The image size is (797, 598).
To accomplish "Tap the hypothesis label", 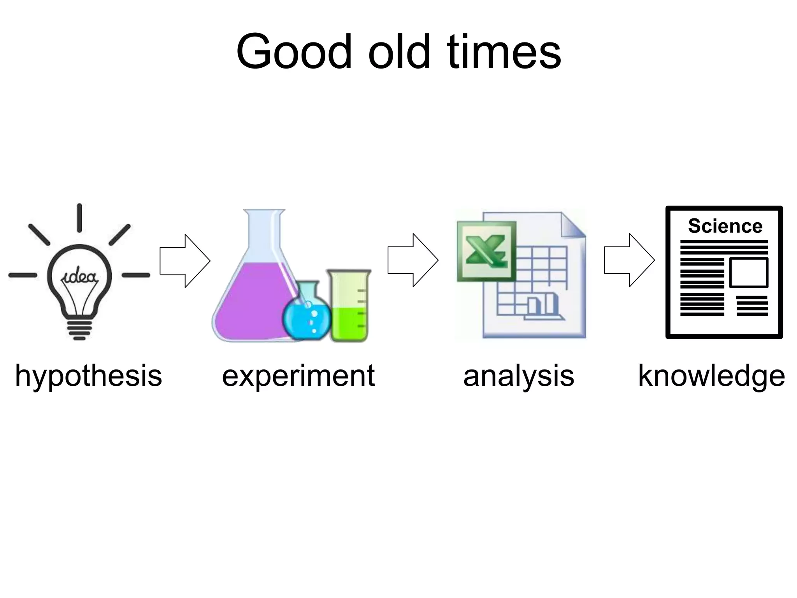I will click(x=88, y=376).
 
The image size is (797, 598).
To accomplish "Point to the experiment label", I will click(x=298, y=376).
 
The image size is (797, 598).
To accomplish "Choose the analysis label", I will click(x=518, y=376).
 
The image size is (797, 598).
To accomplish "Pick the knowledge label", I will click(x=711, y=376).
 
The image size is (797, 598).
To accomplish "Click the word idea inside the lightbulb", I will click(x=79, y=277).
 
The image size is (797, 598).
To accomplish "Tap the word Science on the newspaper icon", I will click(x=725, y=226).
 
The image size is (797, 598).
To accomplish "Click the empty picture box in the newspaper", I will click(x=748, y=273).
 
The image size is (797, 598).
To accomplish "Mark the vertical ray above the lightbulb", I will click(x=79, y=218).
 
